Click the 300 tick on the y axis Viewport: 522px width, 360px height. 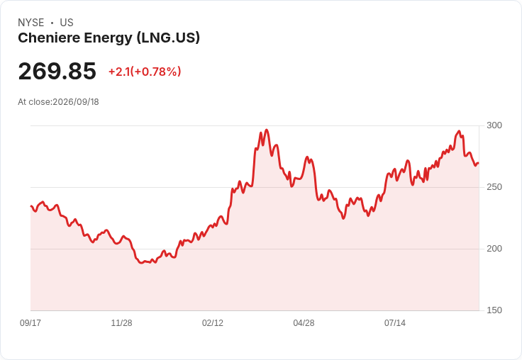tap(494, 125)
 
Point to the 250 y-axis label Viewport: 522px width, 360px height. tap(494, 187)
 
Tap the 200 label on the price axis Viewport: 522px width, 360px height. tap(494, 249)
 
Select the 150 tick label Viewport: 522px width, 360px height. tap(494, 310)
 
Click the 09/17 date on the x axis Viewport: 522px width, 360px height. tap(30, 322)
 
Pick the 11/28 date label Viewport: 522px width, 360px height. tap(121, 322)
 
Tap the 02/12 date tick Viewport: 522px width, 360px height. tap(213, 322)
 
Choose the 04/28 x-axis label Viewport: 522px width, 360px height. tap(304, 322)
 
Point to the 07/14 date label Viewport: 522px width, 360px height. tap(395, 322)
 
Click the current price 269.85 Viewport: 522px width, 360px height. tap(57, 71)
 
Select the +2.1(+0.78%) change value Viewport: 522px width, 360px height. tap(145, 72)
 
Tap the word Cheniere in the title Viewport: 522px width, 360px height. tap(49, 38)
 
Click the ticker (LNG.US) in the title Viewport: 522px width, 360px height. tap(169, 38)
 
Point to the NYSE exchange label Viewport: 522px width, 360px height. tap(31, 23)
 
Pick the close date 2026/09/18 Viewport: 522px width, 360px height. tap(76, 102)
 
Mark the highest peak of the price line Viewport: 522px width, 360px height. tap(267, 130)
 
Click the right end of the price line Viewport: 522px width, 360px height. tap(479, 163)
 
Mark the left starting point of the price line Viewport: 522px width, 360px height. tap(31, 206)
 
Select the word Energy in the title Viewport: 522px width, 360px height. tap(109, 38)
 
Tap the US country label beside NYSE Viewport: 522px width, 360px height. tap(67, 23)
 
